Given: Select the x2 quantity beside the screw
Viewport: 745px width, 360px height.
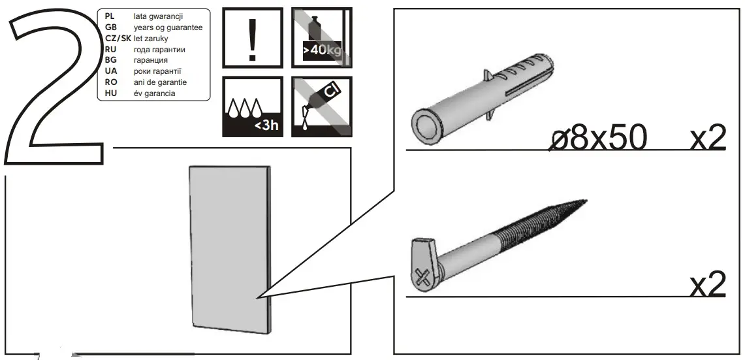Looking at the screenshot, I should coord(708,285).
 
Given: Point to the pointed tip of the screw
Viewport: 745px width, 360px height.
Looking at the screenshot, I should coord(582,202).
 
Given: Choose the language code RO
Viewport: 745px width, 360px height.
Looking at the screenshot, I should coord(111,82).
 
